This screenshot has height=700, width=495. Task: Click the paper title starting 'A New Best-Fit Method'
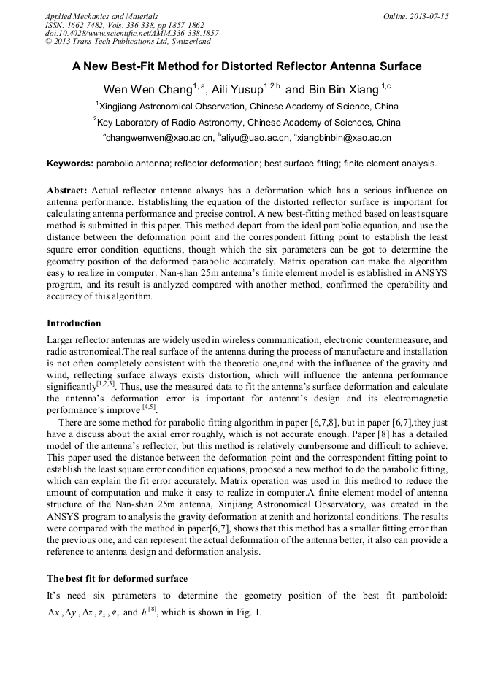tap(247, 66)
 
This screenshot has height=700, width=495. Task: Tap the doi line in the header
tap(131, 34)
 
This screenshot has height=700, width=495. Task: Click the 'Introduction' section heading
tap(74, 323)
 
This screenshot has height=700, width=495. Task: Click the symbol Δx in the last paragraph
tap(53, 612)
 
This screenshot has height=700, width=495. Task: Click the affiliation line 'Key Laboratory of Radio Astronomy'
tap(247, 122)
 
